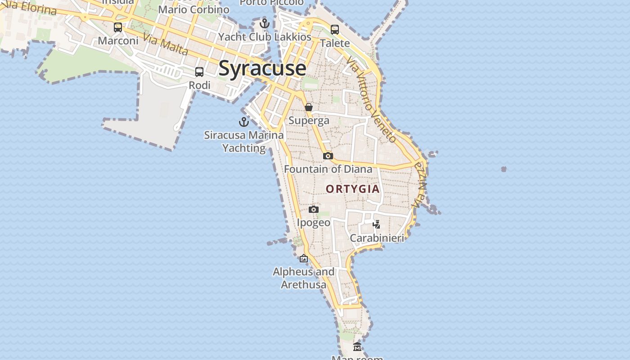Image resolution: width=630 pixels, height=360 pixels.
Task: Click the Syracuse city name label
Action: click(x=262, y=68)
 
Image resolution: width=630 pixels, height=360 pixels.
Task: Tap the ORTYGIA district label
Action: click(x=353, y=189)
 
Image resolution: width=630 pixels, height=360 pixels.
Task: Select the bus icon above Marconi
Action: click(x=118, y=27)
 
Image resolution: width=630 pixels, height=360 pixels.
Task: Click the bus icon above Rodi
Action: click(x=199, y=72)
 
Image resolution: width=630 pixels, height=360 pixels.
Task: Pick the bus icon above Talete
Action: click(x=335, y=30)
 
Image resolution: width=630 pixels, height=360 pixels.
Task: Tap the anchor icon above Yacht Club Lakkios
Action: click(x=265, y=23)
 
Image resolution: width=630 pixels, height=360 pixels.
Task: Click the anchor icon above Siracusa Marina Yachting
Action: click(x=243, y=121)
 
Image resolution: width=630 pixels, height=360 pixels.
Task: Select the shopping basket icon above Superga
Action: click(x=309, y=107)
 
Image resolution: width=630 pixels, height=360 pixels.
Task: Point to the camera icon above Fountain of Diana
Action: click(x=328, y=156)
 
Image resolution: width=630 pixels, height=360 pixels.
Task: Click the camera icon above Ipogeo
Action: click(x=314, y=209)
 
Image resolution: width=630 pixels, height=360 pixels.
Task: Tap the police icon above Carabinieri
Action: click(x=377, y=224)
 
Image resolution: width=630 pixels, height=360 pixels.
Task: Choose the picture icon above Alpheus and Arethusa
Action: click(x=304, y=258)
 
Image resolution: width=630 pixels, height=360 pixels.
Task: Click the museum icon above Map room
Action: click(x=357, y=346)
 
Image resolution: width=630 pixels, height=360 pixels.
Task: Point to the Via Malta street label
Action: click(x=166, y=44)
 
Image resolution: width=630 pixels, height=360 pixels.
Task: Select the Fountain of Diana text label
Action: click(x=328, y=169)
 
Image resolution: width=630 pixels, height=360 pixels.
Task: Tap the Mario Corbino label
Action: click(x=194, y=9)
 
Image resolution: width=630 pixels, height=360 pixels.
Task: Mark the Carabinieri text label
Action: click(x=377, y=238)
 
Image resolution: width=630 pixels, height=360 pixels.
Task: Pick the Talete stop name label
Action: click(x=335, y=43)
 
